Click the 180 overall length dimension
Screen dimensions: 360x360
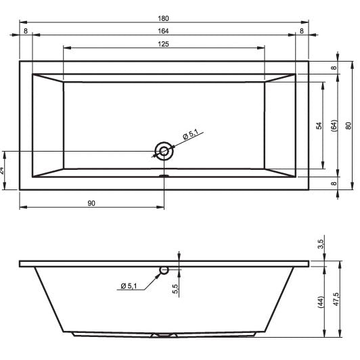(x=163, y=18)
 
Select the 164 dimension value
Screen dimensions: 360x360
(x=163, y=31)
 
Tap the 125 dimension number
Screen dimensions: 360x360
(x=163, y=44)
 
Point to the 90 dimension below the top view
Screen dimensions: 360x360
(x=91, y=203)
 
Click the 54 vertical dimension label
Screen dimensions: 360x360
(x=319, y=126)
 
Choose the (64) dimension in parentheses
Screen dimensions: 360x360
(x=334, y=126)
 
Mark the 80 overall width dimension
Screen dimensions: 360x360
(x=348, y=126)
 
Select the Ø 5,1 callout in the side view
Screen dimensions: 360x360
(x=129, y=286)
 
